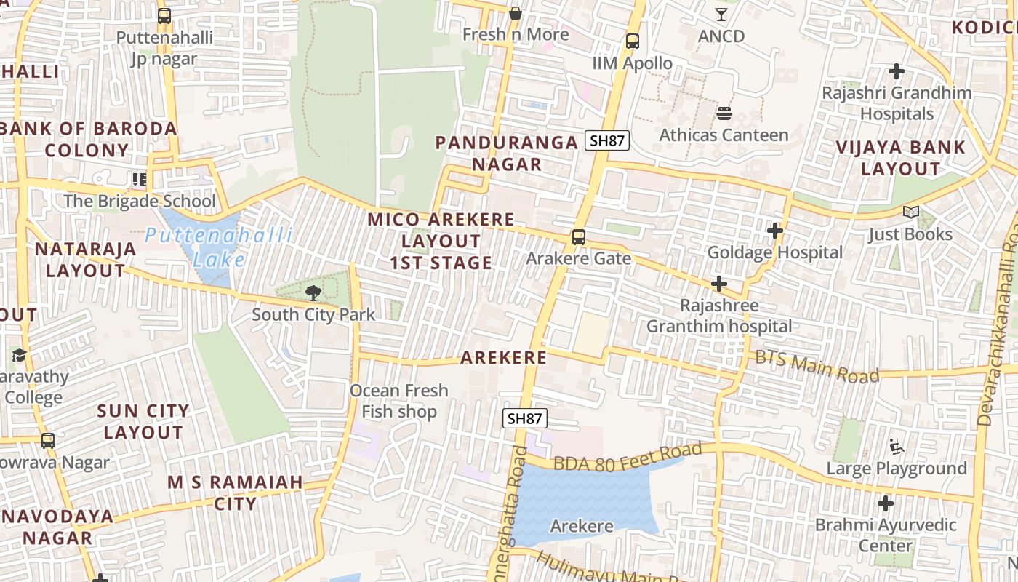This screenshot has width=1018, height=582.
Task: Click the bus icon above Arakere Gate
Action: pyautogui.click(x=578, y=236)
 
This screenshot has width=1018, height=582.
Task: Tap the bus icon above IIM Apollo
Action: pyautogui.click(x=633, y=41)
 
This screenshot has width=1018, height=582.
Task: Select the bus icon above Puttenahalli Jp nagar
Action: pyautogui.click(x=164, y=15)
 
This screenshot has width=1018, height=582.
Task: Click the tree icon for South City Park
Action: pyautogui.click(x=313, y=293)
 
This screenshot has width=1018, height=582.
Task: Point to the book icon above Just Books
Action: pyautogui.click(x=910, y=212)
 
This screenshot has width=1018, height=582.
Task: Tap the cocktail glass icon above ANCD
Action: pyautogui.click(x=721, y=14)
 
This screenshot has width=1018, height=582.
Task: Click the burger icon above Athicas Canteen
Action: pyautogui.click(x=724, y=113)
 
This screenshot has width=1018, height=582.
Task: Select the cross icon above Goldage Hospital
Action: pyautogui.click(x=775, y=231)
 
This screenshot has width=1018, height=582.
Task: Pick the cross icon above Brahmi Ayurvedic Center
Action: pyautogui.click(x=885, y=503)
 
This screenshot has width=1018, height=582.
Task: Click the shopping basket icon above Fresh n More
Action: pyautogui.click(x=516, y=12)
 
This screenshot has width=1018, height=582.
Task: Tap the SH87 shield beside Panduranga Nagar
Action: pyautogui.click(x=607, y=140)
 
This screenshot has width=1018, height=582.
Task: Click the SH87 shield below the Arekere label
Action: pyautogui.click(x=525, y=418)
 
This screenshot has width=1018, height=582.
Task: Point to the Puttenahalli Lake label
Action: pyautogui.click(x=218, y=247)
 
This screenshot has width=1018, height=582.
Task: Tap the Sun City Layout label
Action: pyautogui.click(x=143, y=421)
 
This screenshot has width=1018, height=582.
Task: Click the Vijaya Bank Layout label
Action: pyautogui.click(x=900, y=158)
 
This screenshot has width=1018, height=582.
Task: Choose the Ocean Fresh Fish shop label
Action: pyautogui.click(x=399, y=401)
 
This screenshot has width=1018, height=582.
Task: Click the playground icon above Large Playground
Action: pyautogui.click(x=896, y=446)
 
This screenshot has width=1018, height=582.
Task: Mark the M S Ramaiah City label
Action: pyautogui.click(x=235, y=493)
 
